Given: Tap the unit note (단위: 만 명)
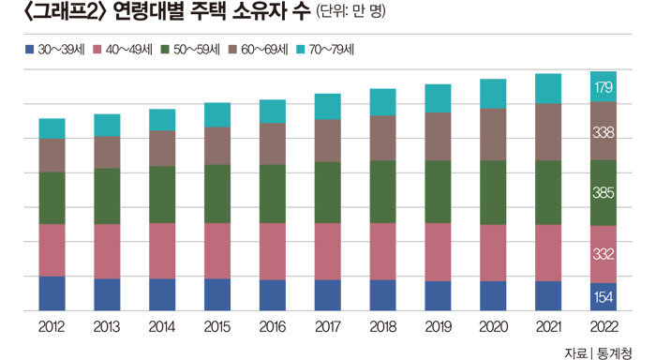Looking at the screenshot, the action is (x=350, y=11).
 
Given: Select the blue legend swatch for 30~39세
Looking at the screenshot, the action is (x=29, y=50).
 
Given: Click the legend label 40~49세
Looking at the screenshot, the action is (x=129, y=50).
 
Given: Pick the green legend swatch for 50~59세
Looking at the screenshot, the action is (x=165, y=50).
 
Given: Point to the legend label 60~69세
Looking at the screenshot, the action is (x=264, y=50).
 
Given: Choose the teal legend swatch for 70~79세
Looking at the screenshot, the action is (x=301, y=50).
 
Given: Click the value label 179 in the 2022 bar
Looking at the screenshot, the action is (x=604, y=87).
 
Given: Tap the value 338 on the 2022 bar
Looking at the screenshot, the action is (x=604, y=133).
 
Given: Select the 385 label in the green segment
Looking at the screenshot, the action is (x=604, y=192).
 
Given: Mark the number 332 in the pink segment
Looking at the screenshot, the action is (x=604, y=254).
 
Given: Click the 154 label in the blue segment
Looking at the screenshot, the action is (x=604, y=297).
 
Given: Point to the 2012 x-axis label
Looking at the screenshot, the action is (x=52, y=326).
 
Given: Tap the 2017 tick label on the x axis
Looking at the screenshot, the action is (x=328, y=326).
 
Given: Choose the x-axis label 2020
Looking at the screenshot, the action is (x=493, y=326).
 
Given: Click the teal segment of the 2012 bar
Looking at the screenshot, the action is (x=52, y=128).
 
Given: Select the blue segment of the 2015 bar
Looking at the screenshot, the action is (x=217, y=294).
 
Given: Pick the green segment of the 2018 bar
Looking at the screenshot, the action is (x=382, y=192).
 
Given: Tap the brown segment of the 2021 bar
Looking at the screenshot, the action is (x=548, y=132).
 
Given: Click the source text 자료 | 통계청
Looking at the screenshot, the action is (x=598, y=352).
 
